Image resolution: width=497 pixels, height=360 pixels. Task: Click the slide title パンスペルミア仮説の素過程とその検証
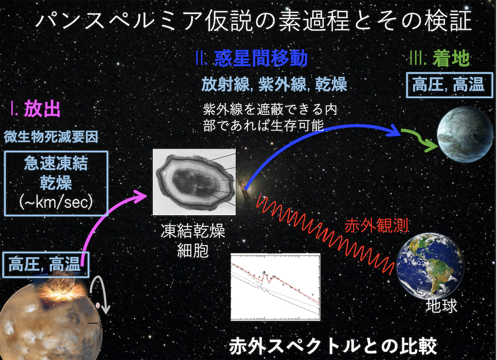254,21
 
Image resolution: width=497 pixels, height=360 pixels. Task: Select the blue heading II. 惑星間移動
252,58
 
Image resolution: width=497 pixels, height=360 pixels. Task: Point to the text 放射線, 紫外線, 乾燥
274,85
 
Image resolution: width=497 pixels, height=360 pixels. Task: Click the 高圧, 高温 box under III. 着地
450,85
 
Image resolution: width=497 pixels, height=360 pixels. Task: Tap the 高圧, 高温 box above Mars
45,265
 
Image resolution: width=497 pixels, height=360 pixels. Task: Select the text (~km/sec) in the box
56,202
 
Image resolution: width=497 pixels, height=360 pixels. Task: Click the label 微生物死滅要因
51,137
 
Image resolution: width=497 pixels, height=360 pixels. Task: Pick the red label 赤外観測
376,226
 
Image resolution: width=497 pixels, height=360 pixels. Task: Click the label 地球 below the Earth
442,306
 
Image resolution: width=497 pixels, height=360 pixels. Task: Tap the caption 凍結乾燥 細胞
193,241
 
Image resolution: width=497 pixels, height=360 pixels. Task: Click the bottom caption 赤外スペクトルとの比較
333,346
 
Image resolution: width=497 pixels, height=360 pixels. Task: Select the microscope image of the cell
194,182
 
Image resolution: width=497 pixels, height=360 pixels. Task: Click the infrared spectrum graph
275,287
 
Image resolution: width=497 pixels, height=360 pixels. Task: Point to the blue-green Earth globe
431,266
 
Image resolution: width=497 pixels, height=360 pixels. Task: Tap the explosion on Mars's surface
62,290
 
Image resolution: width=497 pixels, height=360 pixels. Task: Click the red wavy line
326,235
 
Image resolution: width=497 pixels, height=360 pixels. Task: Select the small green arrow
419,139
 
